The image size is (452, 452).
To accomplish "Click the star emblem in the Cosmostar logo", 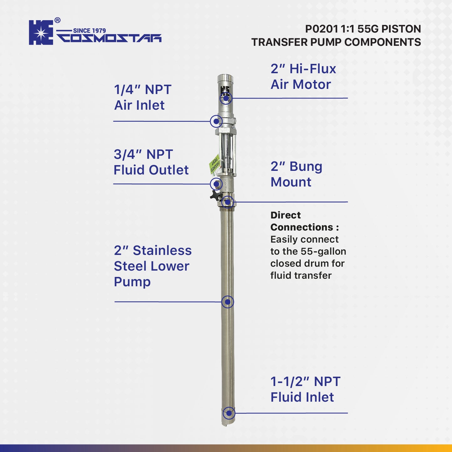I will click(41, 33).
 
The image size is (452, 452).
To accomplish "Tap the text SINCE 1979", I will click(89, 31).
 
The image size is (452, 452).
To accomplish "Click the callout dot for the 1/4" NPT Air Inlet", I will click(216, 121).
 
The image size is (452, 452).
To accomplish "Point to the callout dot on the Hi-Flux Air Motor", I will click(226, 98).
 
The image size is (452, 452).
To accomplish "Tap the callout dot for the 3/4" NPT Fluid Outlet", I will click(216, 184).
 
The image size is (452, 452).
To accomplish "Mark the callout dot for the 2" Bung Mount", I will click(228, 202).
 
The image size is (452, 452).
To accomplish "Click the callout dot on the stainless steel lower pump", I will click(228, 302).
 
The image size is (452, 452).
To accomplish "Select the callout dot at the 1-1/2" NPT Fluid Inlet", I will click(229, 413).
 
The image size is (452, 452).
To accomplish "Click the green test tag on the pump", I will click(214, 164).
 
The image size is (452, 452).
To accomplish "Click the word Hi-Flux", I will click(312, 69).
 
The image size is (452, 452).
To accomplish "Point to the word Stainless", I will click(162, 251).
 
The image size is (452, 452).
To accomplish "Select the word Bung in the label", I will click(306, 166).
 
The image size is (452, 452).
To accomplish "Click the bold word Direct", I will click(285, 215).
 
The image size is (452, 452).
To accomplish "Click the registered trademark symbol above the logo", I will click(58, 20).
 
